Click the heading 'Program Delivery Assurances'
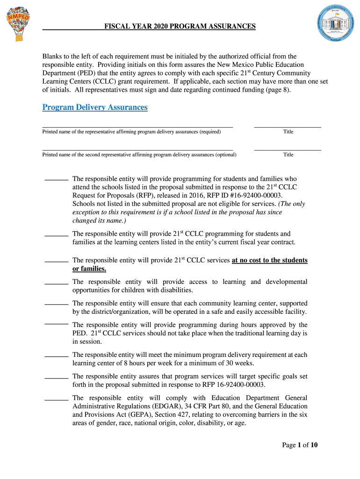click(x=95, y=108)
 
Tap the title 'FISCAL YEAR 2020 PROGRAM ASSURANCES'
click(x=180, y=27)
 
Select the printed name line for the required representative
click(x=137, y=126)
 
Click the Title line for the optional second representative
click(x=288, y=150)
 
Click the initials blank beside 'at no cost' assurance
click(x=56, y=261)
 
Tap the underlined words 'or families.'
click(x=89, y=269)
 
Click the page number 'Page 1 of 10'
click(x=300, y=445)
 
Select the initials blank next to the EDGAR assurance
click(x=56, y=399)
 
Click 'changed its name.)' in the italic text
click(x=99, y=221)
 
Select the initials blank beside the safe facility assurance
click(x=56, y=305)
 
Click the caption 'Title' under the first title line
click(x=288, y=132)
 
